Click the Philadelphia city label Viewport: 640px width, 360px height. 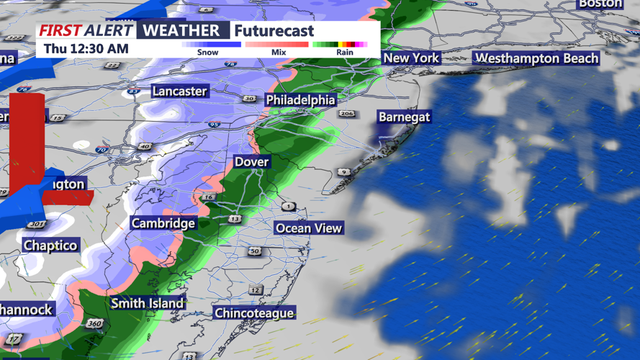tap(300, 99)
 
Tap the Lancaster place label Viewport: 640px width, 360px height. tap(179, 91)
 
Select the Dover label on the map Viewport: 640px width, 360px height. tap(251, 162)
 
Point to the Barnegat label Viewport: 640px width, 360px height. tap(404, 117)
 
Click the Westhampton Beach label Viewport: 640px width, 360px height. tap(537, 58)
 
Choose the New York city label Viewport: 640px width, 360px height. tap(411, 58)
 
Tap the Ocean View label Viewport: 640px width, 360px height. tap(309, 228)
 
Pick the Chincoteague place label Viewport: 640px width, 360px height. tap(254, 312)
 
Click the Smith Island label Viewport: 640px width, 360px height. tap(148, 303)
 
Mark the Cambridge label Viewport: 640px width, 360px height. tap(163, 223)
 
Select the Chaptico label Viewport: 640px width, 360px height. tap(50, 246)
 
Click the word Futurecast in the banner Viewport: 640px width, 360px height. tap(274, 31)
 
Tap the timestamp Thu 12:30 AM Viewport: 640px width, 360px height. tap(86, 49)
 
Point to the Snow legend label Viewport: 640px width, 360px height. tap(207, 53)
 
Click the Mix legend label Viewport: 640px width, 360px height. tap(278, 53)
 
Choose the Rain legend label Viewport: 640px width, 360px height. tap(344, 53)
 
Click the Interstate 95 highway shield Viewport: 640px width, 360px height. tap(214, 125)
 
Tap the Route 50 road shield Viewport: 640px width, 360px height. tap(254, 251)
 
